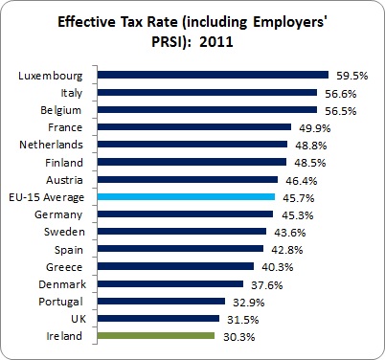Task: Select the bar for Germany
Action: pyautogui.click(x=185, y=214)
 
